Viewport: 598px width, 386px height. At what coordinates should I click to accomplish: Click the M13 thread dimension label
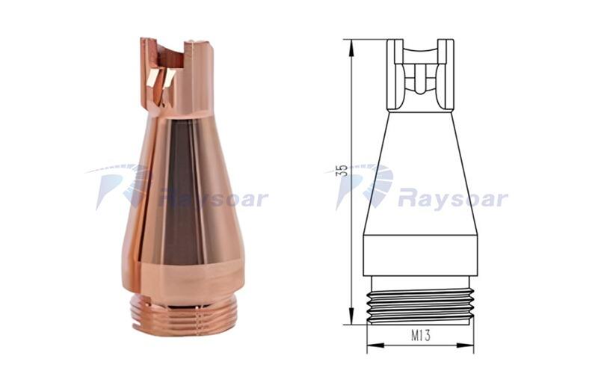(x=421, y=336)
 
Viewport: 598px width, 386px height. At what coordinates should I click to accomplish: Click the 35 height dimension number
(x=343, y=171)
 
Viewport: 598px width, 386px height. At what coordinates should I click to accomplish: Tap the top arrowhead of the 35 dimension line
(x=351, y=47)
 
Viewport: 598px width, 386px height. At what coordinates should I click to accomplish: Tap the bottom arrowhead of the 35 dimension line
(x=351, y=317)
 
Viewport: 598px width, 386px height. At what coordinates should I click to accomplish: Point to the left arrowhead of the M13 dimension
(x=374, y=345)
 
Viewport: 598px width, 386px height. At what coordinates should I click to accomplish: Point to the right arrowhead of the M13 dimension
(x=466, y=345)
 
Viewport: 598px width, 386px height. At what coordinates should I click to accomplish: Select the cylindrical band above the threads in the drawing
(x=420, y=255)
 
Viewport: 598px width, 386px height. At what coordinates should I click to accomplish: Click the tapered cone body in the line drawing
(x=420, y=173)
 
